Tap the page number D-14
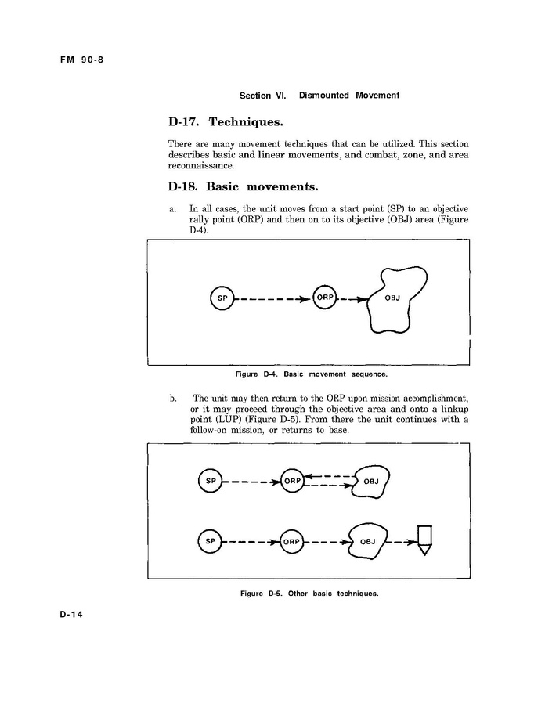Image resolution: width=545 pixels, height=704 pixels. (73, 615)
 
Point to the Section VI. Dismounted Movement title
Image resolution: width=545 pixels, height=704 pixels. (319, 96)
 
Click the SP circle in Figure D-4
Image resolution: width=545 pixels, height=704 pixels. (222, 298)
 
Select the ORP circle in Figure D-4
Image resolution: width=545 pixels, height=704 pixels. (323, 298)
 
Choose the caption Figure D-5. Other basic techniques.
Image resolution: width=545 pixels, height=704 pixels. (309, 593)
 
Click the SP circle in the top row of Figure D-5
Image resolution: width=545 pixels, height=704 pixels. (210, 481)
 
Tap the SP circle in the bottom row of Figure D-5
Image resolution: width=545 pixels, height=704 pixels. (210, 541)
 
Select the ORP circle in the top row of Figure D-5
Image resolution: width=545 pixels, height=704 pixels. (292, 481)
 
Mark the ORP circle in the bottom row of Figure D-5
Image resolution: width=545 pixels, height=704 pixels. (292, 541)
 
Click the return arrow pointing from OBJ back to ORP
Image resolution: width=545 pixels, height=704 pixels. (329, 475)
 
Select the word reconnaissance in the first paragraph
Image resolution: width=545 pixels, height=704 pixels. (200, 166)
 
